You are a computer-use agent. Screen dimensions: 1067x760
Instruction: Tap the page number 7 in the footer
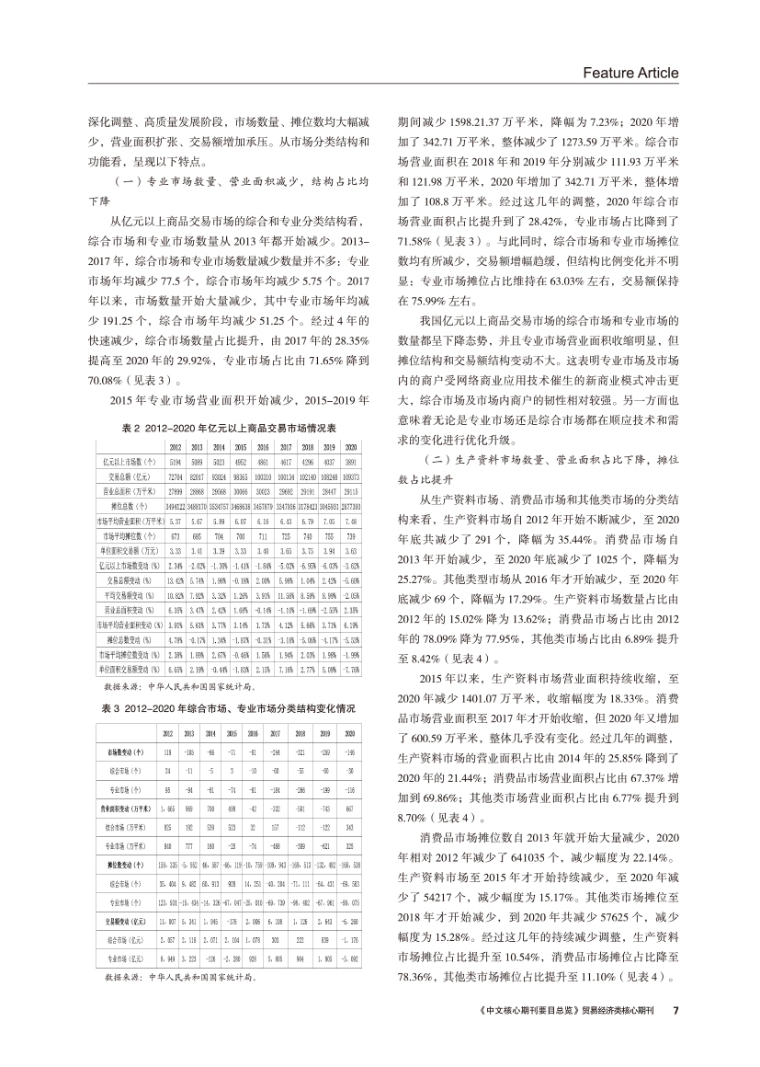click(x=675, y=1010)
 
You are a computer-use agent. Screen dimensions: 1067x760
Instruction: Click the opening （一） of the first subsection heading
click(x=123, y=181)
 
